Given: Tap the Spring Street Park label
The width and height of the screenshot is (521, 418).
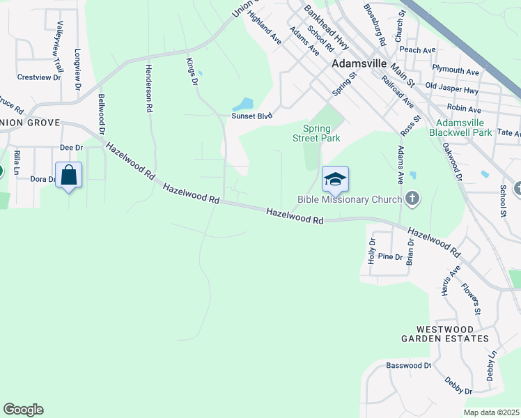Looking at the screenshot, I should click(x=321, y=133).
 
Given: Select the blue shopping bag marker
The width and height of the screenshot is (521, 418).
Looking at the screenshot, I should click(x=69, y=176).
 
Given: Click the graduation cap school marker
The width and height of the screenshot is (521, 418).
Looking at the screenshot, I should click(x=335, y=179).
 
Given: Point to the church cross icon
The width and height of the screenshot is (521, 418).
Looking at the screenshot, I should click(x=413, y=200).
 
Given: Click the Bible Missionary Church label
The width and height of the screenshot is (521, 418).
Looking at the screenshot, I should click(x=350, y=200).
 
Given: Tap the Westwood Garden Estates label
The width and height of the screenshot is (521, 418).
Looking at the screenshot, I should click(x=453, y=333).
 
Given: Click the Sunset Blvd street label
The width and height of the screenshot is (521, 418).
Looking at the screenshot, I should click(x=251, y=116).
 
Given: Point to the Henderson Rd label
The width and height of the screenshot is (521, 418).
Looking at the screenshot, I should click(x=148, y=88).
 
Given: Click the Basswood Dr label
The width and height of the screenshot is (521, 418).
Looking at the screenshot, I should click(x=409, y=365).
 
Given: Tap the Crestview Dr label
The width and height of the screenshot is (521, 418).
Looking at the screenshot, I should click(x=39, y=77).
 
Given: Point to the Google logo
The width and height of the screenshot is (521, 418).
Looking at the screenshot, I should click(x=23, y=410).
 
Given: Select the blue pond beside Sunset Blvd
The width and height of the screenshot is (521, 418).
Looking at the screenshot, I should click(x=243, y=104).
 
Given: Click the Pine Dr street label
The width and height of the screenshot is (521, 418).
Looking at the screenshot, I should click(x=390, y=257).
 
